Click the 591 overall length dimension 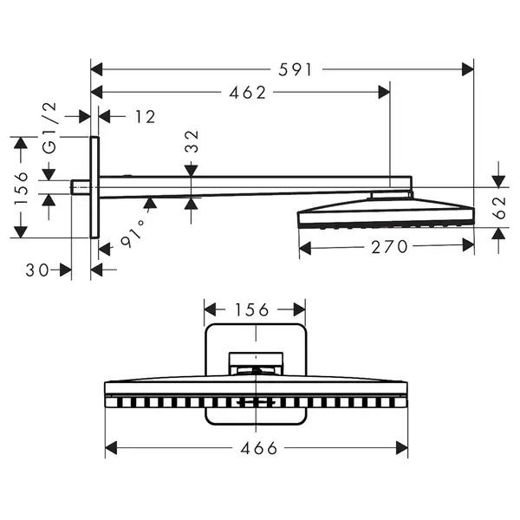click(x=295, y=70)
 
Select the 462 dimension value click(x=248, y=93)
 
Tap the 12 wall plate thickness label click(x=146, y=117)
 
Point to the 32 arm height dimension click(x=192, y=141)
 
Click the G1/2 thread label click(x=49, y=128)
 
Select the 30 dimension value click(x=37, y=270)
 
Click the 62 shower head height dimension click(x=499, y=208)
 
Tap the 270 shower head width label click(x=389, y=247)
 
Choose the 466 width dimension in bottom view click(x=258, y=448)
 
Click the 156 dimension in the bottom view click(x=251, y=310)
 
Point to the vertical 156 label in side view click(x=21, y=188)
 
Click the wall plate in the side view click(x=94, y=187)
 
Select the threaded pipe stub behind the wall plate click(x=81, y=187)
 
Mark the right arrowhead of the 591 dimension click(x=468, y=69)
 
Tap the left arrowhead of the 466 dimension click(x=111, y=448)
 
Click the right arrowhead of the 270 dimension click(x=468, y=246)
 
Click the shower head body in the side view click(x=386, y=212)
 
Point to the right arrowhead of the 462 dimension click(x=384, y=92)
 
